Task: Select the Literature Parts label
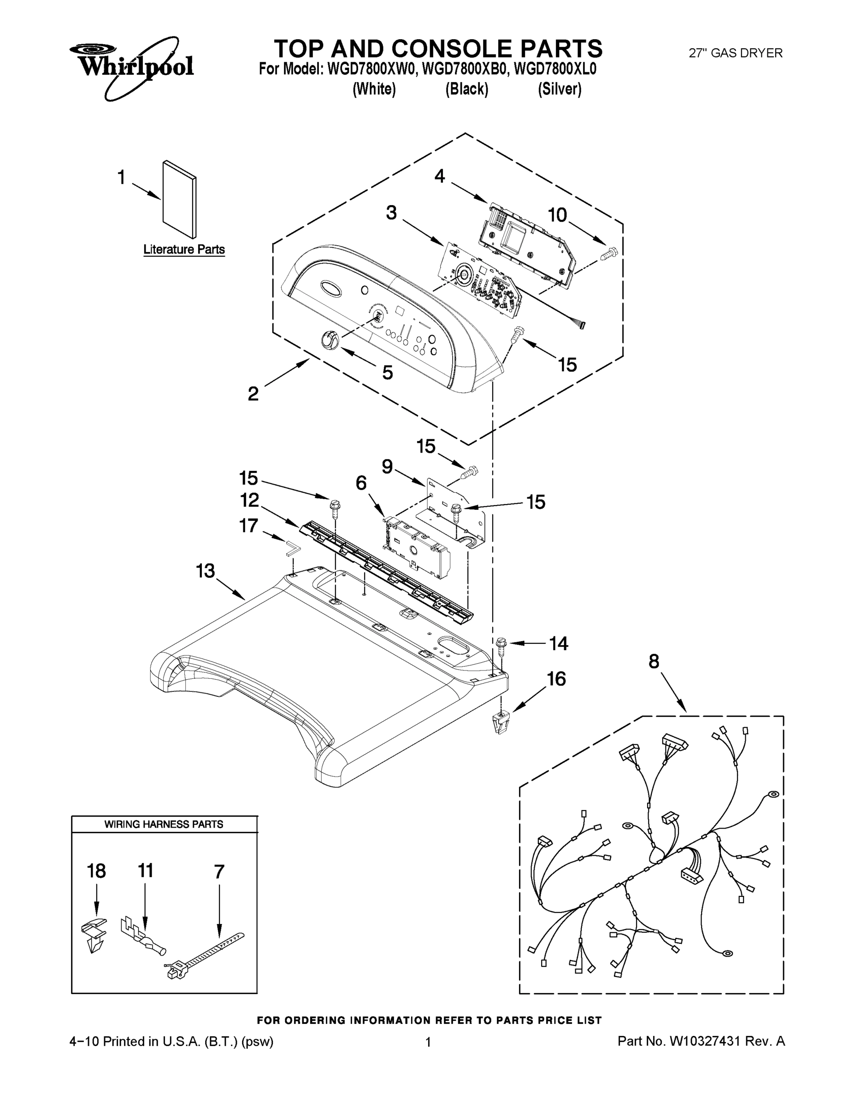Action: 184,249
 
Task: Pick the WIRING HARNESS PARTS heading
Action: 164,824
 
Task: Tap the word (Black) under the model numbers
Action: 466,89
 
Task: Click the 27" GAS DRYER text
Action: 736,53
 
